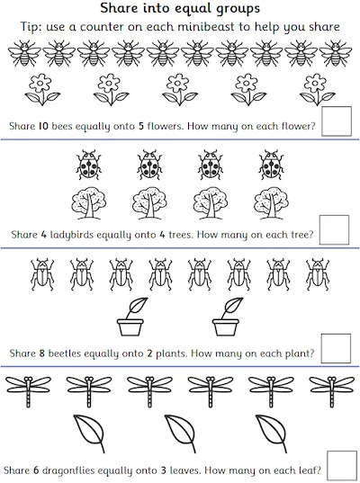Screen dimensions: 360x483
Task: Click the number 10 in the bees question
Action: (x=43, y=126)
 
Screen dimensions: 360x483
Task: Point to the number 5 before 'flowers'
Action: (x=141, y=126)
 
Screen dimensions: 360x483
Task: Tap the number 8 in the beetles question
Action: (x=42, y=353)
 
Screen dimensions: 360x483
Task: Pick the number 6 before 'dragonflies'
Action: (x=36, y=470)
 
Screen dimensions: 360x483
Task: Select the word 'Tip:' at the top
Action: (x=31, y=27)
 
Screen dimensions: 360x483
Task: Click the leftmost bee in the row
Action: (x=24, y=53)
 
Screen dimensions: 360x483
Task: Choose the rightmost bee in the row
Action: (x=336, y=53)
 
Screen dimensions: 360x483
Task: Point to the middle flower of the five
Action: (x=180, y=89)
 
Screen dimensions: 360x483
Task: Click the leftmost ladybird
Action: (x=89, y=165)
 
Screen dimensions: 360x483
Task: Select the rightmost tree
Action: (x=271, y=203)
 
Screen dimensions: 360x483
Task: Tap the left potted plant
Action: (x=130, y=317)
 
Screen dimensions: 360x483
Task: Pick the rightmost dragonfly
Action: (x=331, y=391)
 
